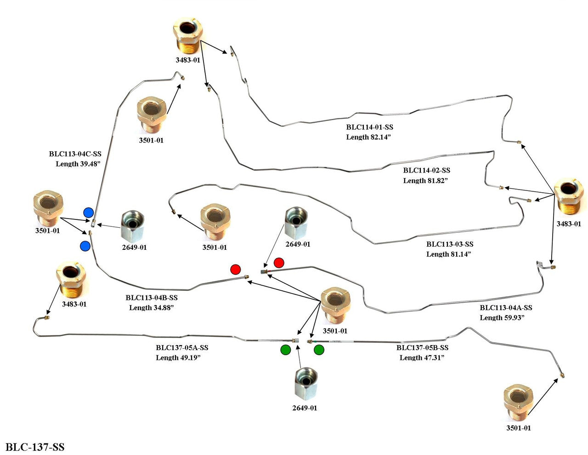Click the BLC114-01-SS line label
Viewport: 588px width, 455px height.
(x=369, y=127)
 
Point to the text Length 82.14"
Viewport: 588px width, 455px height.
(x=368, y=137)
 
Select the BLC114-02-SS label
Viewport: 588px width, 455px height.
(x=427, y=170)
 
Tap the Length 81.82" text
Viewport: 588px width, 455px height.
(x=425, y=180)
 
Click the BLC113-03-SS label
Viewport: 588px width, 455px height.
(x=450, y=244)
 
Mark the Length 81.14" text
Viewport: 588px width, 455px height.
(x=448, y=254)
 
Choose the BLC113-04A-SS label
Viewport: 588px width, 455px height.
(x=506, y=308)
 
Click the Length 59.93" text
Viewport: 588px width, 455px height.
(x=502, y=317)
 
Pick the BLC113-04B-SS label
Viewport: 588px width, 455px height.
(x=152, y=298)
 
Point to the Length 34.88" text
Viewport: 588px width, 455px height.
(x=152, y=307)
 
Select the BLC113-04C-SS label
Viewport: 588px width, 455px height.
(x=75, y=154)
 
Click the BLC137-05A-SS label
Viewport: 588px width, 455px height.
(x=182, y=348)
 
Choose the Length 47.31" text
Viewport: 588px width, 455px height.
(x=422, y=357)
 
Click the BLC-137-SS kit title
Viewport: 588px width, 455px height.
(x=35, y=447)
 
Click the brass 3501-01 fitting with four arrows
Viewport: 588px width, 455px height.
(x=336, y=306)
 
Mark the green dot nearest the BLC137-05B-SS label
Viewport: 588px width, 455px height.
(x=319, y=350)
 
